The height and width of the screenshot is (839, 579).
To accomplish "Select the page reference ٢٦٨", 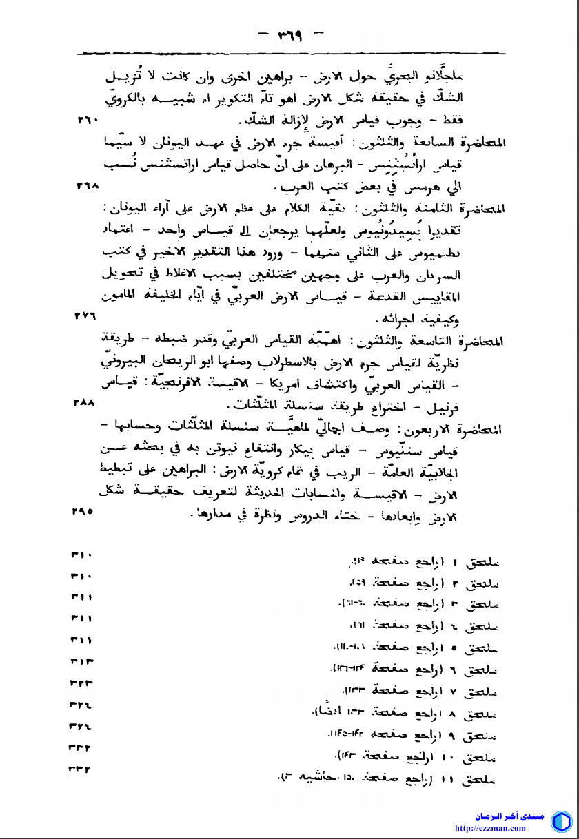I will click(x=89, y=185).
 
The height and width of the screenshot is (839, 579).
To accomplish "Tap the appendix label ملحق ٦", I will click(x=480, y=669).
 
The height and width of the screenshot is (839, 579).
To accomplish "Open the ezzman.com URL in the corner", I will click(x=491, y=828).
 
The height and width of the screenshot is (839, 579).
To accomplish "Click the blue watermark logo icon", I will click(x=560, y=822).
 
